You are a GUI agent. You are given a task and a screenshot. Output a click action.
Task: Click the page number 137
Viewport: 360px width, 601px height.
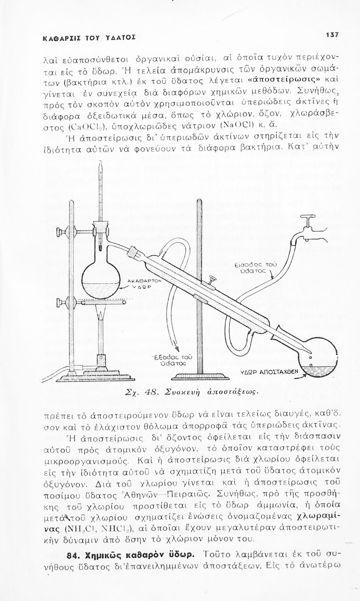(332, 35)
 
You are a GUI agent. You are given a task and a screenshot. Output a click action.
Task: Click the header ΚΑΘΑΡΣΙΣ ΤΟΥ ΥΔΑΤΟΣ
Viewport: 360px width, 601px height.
(83, 38)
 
